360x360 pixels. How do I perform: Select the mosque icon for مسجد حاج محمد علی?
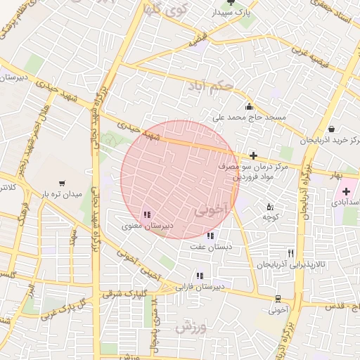[x=249, y=105]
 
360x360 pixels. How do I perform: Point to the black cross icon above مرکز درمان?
[x=253, y=155]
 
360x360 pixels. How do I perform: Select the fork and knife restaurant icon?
[x=290, y=253]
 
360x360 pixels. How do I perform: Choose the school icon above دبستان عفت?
[x=210, y=236]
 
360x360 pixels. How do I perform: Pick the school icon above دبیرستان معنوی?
[x=146, y=215]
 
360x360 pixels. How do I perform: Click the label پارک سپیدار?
[x=234, y=13]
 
